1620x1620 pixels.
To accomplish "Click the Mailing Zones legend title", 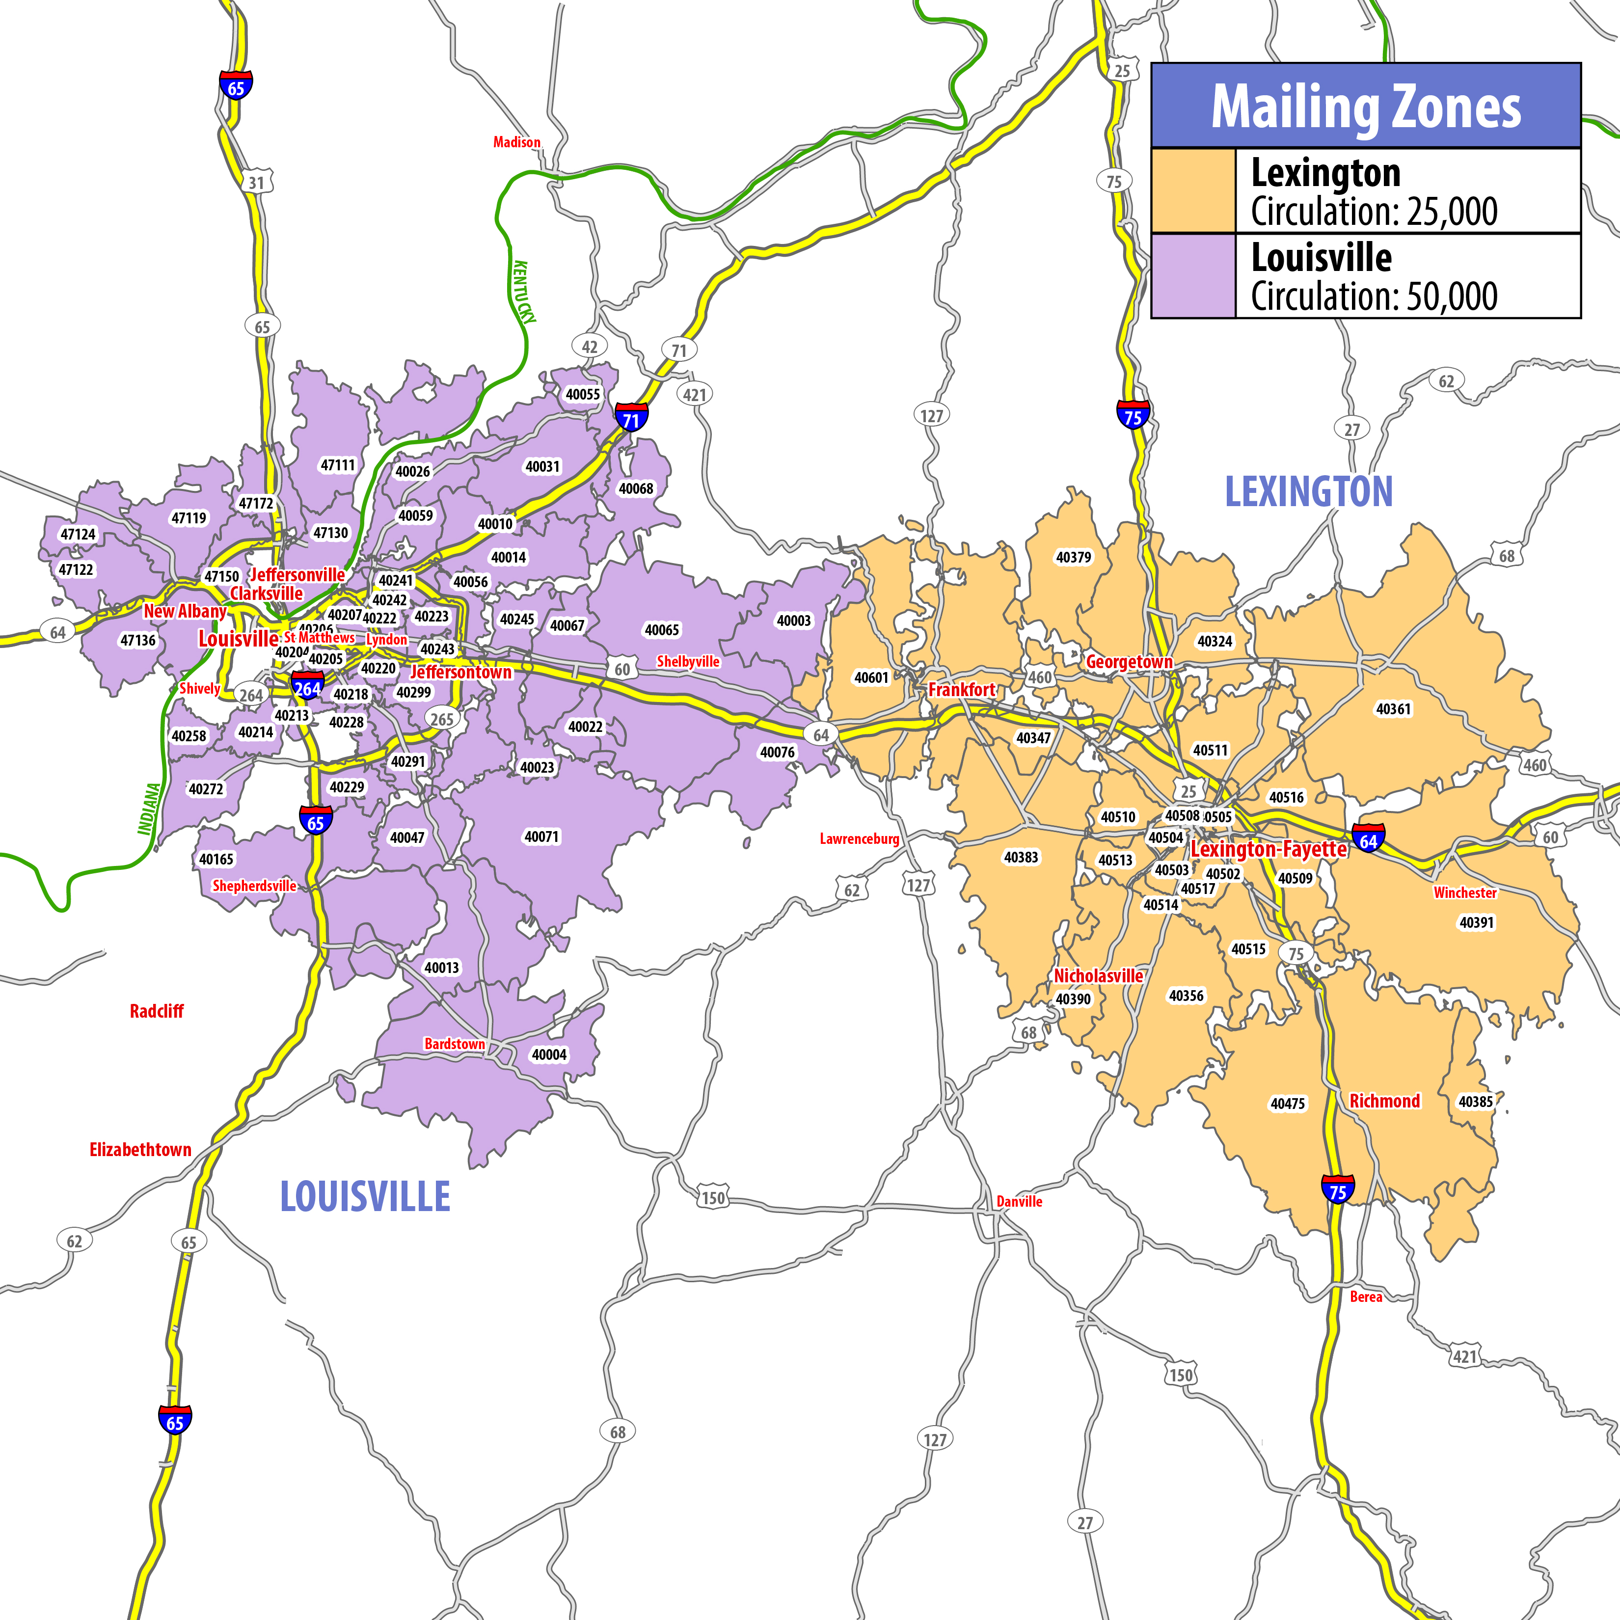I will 1365,107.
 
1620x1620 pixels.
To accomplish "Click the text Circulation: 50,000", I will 1374,296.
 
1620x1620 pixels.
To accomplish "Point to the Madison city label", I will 516,142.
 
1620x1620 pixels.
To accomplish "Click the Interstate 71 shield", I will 630,418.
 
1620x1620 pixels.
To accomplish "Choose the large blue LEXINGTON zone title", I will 1308,491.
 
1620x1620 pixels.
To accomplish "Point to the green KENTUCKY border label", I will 525,291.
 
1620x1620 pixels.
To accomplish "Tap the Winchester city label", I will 1465,892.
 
